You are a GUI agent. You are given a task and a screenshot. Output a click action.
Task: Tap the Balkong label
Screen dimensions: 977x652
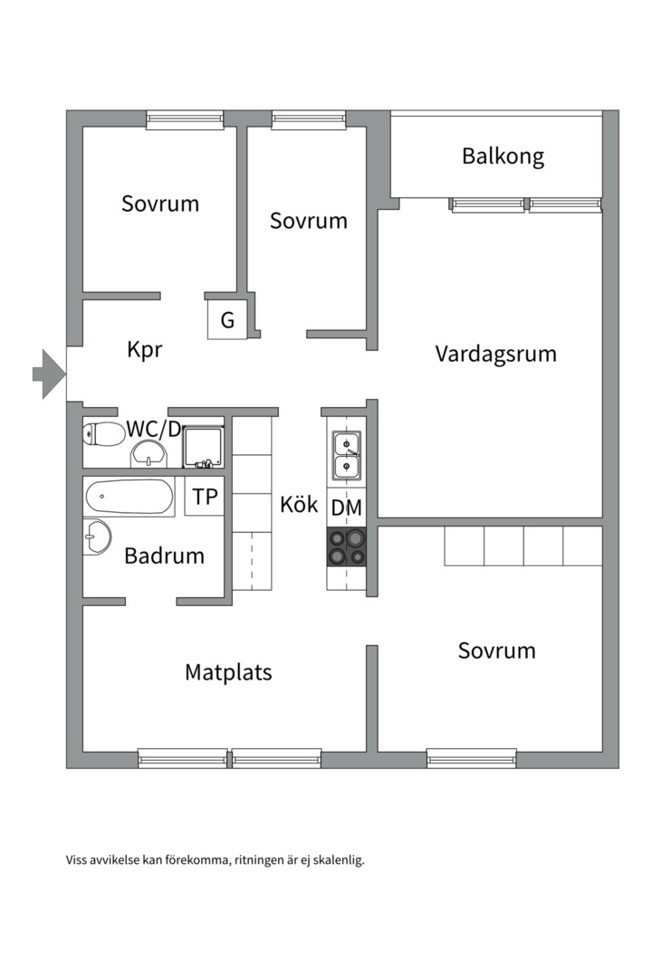click(503, 157)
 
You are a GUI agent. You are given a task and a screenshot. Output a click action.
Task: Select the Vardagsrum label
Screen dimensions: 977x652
click(495, 354)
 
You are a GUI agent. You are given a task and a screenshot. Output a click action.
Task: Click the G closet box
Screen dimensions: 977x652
click(227, 320)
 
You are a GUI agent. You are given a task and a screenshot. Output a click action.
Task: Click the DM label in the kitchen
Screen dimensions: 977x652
click(346, 508)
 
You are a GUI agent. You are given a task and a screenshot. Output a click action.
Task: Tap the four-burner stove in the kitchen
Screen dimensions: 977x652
click(347, 546)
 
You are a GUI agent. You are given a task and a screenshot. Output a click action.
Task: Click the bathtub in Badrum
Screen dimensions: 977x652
click(129, 497)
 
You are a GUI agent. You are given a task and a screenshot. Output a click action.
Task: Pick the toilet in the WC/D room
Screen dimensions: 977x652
click(101, 435)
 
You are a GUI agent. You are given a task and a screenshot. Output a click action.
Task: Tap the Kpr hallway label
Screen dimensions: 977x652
click(145, 350)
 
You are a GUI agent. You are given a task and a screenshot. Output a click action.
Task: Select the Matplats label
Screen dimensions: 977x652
click(228, 673)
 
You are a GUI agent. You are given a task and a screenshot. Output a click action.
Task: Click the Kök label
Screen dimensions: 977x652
click(299, 505)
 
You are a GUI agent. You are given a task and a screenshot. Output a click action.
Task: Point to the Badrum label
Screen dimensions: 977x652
click(164, 556)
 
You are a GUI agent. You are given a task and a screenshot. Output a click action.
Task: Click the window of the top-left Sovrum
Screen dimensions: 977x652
click(185, 119)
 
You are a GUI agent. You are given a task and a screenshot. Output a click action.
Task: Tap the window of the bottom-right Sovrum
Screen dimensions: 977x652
click(471, 758)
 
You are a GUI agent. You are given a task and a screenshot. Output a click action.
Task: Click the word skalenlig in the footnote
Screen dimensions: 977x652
click(335, 860)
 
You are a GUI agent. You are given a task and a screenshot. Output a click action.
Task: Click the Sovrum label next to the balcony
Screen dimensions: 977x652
click(308, 221)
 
